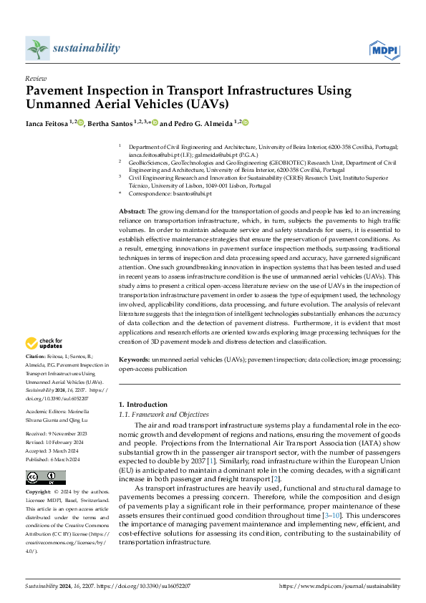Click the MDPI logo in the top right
point(384,49)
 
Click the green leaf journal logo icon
point(37,49)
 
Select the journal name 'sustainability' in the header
point(86,48)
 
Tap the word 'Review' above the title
point(35,79)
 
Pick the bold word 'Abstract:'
point(131,212)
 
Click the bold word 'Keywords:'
point(133,360)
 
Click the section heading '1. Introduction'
point(143,405)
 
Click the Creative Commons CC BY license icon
point(45,478)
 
